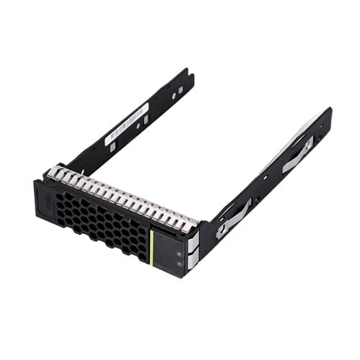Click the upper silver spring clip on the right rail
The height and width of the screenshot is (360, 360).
[x=297, y=154]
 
